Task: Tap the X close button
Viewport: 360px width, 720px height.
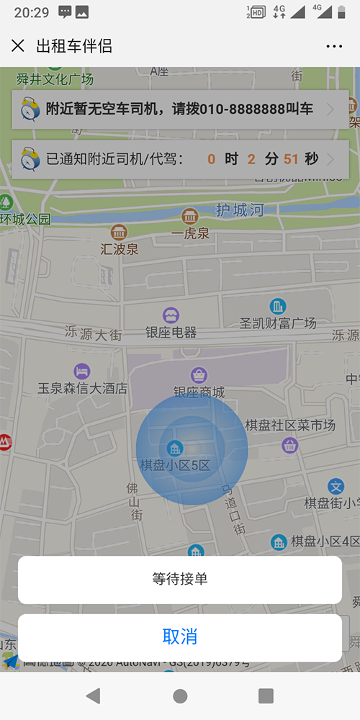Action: click(x=18, y=46)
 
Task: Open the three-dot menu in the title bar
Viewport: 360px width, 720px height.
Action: click(x=334, y=47)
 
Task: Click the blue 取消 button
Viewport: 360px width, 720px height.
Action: click(x=180, y=636)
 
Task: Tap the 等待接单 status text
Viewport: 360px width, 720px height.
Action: click(x=180, y=578)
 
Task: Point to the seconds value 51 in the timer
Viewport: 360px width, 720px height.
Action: click(x=291, y=159)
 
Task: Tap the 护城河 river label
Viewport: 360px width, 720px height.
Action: click(x=240, y=210)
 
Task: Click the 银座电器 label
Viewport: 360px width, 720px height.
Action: click(x=171, y=333)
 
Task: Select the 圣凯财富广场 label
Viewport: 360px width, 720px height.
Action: click(x=278, y=323)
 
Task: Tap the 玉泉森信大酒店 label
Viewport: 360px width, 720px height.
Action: click(x=82, y=388)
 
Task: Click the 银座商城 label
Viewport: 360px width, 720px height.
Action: click(x=199, y=392)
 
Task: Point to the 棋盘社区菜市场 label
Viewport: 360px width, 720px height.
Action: click(x=290, y=426)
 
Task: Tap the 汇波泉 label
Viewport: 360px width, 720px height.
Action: click(x=120, y=249)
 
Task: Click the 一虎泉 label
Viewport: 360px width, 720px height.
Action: click(x=190, y=233)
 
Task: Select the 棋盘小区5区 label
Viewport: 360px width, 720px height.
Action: click(x=175, y=465)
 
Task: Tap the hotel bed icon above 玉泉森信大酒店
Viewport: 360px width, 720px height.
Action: click(x=82, y=372)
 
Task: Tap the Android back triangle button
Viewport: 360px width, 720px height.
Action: click(x=93, y=696)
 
